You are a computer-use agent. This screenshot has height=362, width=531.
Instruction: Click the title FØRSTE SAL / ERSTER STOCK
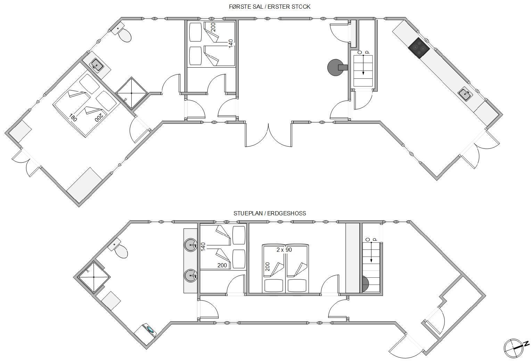270,7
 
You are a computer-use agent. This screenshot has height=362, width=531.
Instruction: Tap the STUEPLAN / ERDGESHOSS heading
270,213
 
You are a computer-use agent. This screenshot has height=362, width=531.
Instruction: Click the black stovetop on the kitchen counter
419,48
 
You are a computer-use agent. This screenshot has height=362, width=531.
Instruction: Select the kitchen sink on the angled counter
465,94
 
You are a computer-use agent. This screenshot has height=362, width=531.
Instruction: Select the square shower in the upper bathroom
132,93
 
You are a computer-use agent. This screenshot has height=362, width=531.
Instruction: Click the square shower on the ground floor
93,277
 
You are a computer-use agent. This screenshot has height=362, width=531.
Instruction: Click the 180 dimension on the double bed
73,117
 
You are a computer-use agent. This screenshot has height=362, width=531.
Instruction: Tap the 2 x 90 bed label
284,250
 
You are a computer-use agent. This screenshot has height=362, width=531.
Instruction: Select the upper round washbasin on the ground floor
190,245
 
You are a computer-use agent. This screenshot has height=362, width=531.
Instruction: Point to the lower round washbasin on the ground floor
190,276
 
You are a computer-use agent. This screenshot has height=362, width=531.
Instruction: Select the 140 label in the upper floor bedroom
230,44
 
